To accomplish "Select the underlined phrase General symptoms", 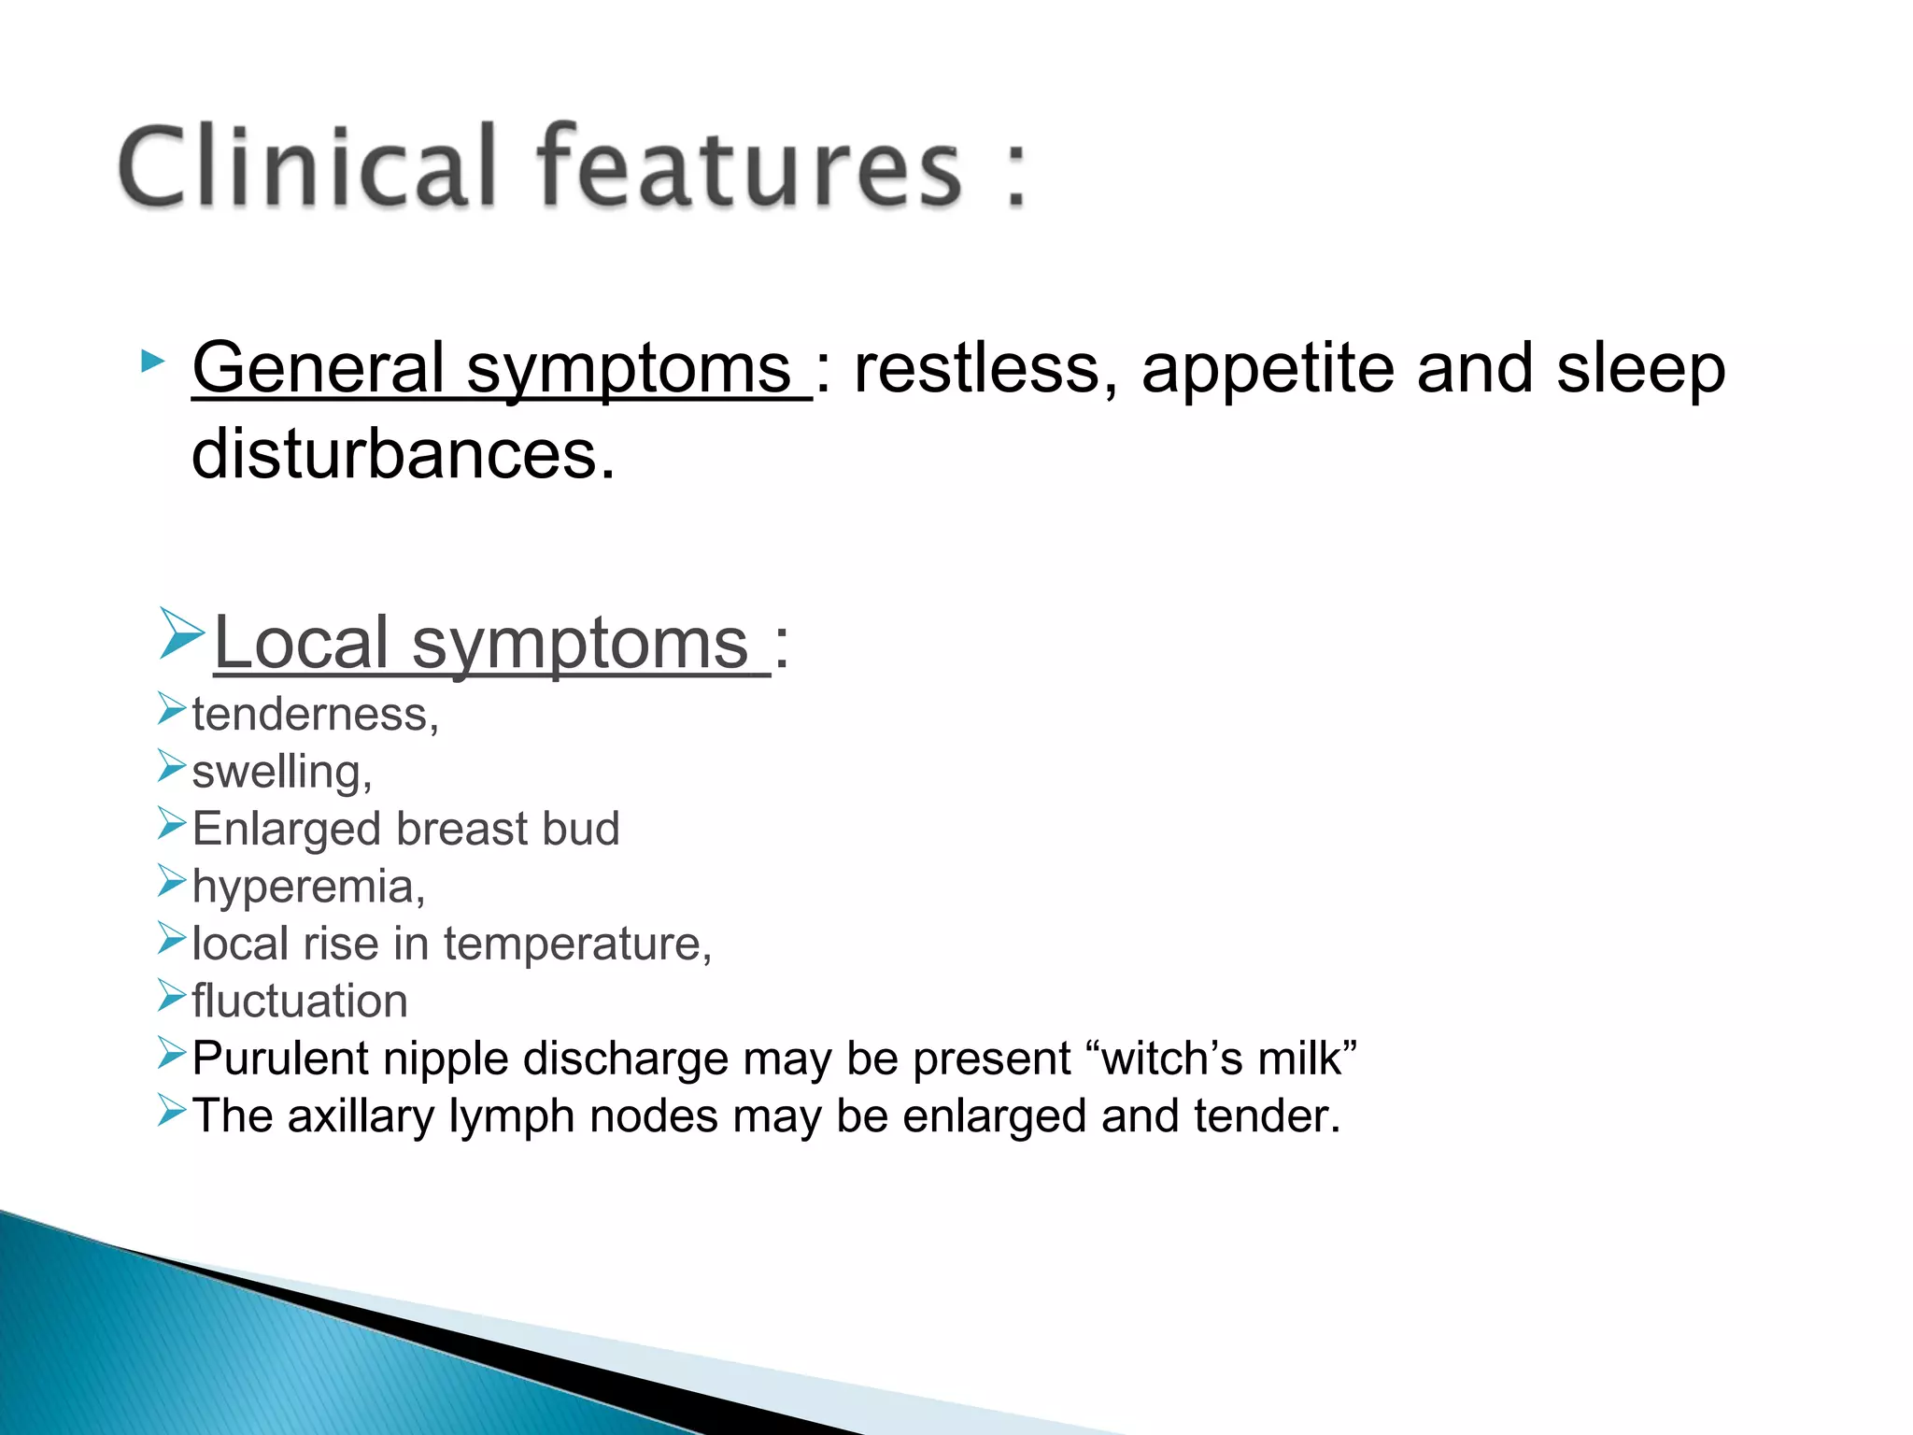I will (501, 368).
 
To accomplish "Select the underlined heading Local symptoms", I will (491, 644).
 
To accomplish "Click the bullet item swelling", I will (281, 773).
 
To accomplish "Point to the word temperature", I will (576, 944).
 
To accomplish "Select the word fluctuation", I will (300, 1002).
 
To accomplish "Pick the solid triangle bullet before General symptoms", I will (152, 361).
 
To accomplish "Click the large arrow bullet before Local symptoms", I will (181, 634).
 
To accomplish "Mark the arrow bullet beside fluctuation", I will (172, 996).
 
